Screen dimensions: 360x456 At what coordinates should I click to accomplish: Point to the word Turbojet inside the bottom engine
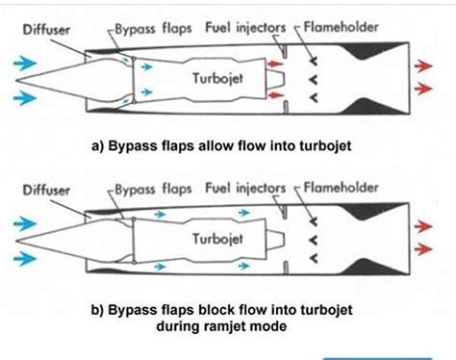tap(219, 238)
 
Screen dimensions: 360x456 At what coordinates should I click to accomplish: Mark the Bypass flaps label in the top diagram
tap(148, 28)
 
